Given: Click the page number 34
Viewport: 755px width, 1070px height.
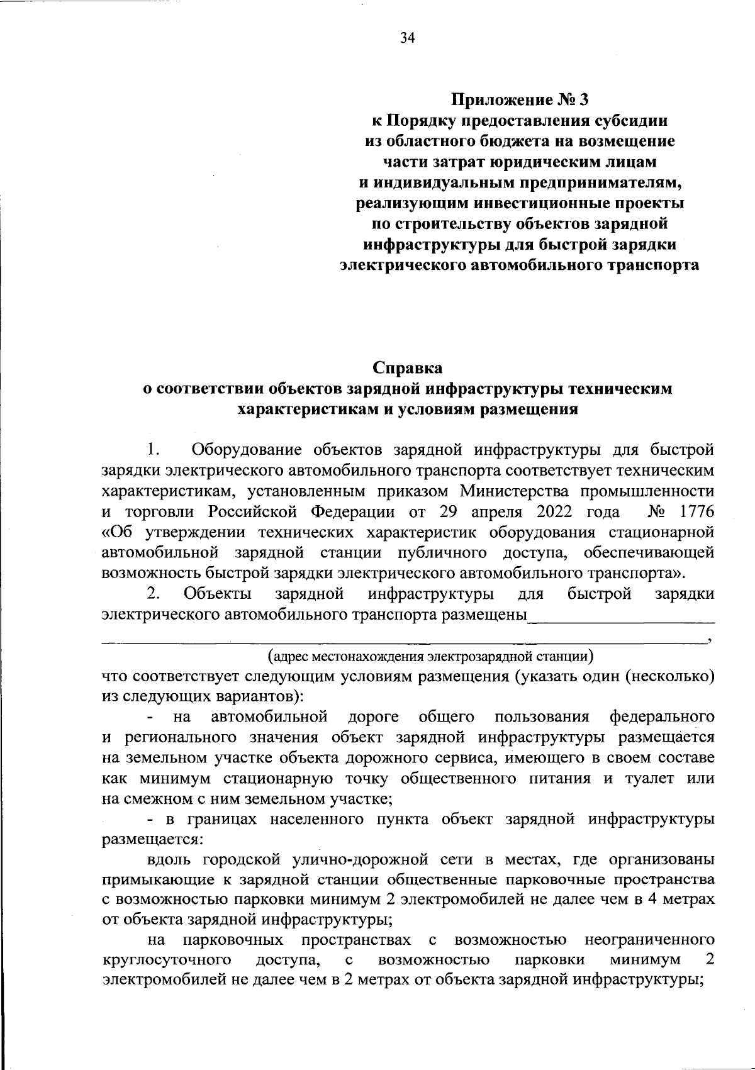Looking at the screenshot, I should pyautogui.click(x=407, y=38).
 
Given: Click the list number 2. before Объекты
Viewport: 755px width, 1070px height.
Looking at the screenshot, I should pyautogui.click(x=154, y=594).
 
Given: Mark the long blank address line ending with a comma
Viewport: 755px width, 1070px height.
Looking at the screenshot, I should pyautogui.click(x=403, y=642).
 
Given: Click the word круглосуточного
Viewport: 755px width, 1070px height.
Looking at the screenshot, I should pyautogui.click(x=165, y=960).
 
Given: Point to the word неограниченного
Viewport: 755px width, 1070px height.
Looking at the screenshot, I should pyautogui.click(x=649, y=940).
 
